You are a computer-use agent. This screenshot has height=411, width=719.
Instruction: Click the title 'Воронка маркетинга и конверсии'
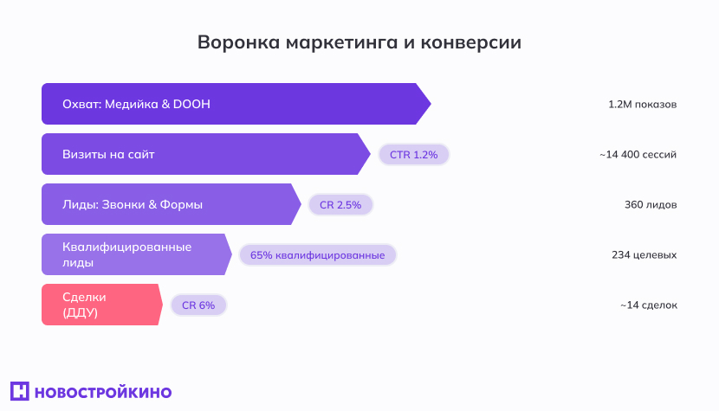[x=359, y=42]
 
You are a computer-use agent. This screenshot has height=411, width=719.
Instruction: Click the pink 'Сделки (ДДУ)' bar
[x=100, y=305]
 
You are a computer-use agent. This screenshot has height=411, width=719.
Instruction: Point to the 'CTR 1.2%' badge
[x=414, y=154]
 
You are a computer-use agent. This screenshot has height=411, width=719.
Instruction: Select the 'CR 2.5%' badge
[x=340, y=204]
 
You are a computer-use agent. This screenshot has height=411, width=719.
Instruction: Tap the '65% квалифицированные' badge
[x=317, y=254]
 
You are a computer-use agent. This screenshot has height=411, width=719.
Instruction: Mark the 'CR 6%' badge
[x=198, y=305]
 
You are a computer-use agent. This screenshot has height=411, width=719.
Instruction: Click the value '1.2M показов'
[x=642, y=105]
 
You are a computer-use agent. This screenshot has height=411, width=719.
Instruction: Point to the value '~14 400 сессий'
[x=638, y=155]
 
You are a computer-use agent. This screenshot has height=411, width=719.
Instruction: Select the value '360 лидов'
[x=651, y=205]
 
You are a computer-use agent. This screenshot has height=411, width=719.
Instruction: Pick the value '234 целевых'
[x=644, y=255]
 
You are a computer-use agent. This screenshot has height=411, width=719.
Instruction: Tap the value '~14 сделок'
[x=648, y=305]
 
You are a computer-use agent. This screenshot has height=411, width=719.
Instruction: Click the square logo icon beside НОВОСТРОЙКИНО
[x=20, y=391]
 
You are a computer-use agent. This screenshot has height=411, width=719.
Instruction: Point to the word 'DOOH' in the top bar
[x=191, y=104]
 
